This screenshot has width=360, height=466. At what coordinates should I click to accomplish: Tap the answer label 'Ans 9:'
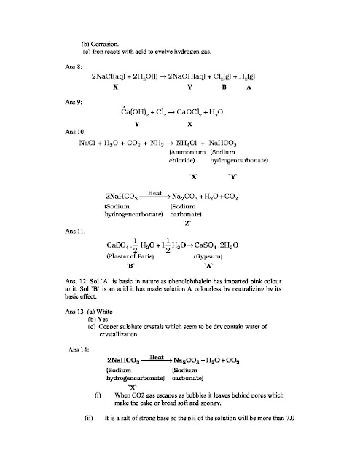[x=74, y=101]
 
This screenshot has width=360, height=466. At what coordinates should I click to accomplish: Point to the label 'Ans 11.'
[x=76, y=232]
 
